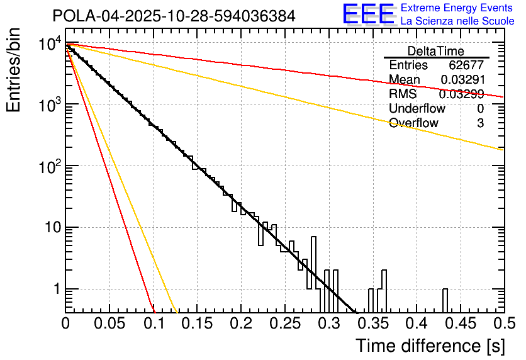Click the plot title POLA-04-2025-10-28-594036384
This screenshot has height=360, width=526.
(x=174, y=16)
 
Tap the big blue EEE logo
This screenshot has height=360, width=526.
(x=368, y=14)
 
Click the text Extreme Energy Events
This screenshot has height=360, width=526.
(x=457, y=8)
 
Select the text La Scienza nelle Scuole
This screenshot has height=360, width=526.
(x=457, y=21)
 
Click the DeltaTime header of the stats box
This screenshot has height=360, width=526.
(x=436, y=51)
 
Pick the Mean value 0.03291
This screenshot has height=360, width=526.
(x=462, y=80)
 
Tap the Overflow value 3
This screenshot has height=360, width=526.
(x=480, y=123)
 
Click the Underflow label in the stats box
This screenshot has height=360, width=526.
(x=417, y=109)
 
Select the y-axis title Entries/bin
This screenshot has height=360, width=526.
(x=14, y=70)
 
